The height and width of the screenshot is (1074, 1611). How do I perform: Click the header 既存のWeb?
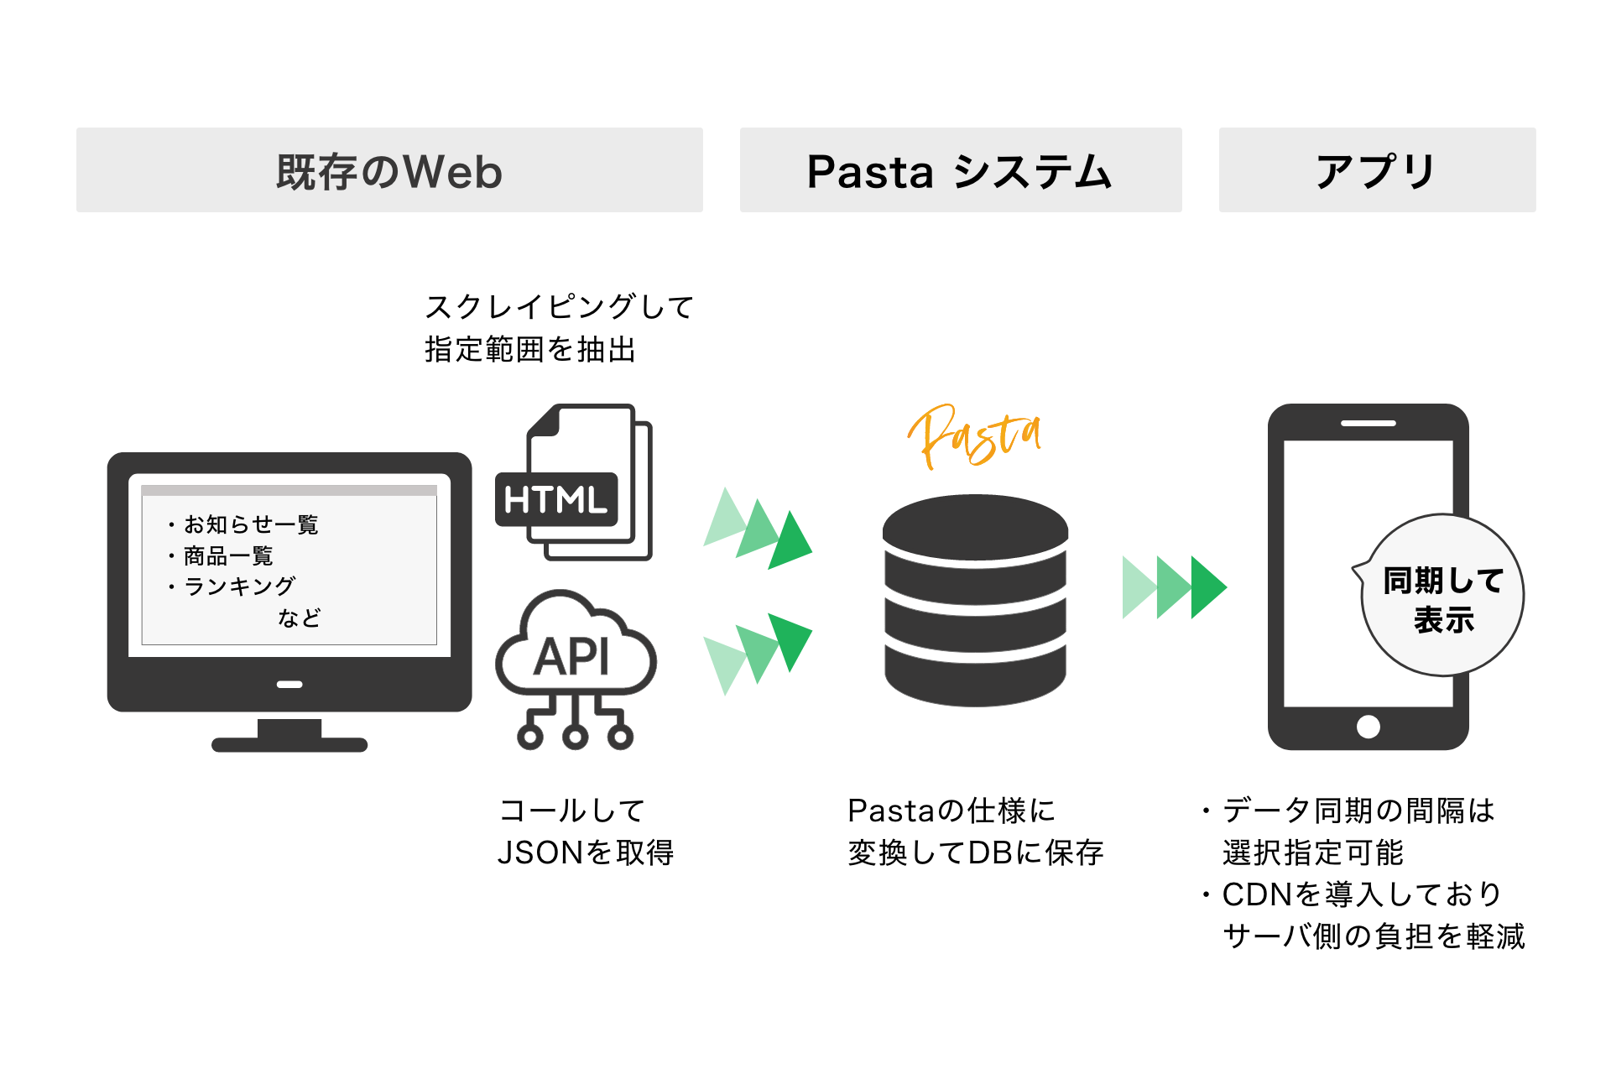coord(389,170)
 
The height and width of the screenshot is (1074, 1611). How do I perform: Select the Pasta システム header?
coord(960,170)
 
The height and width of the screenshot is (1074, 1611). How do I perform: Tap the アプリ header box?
coord(1377,170)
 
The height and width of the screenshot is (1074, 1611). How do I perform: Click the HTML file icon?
coord(575,483)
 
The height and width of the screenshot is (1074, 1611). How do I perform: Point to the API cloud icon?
coord(576,663)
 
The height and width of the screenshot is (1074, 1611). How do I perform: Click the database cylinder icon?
coord(975,601)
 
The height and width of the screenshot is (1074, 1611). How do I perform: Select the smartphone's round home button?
coord(1368,727)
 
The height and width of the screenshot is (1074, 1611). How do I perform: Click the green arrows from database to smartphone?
coord(1174,587)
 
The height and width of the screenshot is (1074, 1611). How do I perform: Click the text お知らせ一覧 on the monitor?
coord(251,524)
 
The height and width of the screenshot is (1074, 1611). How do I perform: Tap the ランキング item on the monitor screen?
coord(239,586)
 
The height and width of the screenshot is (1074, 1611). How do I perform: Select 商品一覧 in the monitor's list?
coord(228,555)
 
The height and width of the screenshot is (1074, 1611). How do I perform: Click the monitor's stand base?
coord(289,743)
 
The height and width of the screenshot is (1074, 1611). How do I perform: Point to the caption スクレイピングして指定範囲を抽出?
coord(558,328)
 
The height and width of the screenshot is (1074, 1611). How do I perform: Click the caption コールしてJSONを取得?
coord(585,832)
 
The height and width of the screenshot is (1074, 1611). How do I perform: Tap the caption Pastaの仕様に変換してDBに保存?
coord(975,832)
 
